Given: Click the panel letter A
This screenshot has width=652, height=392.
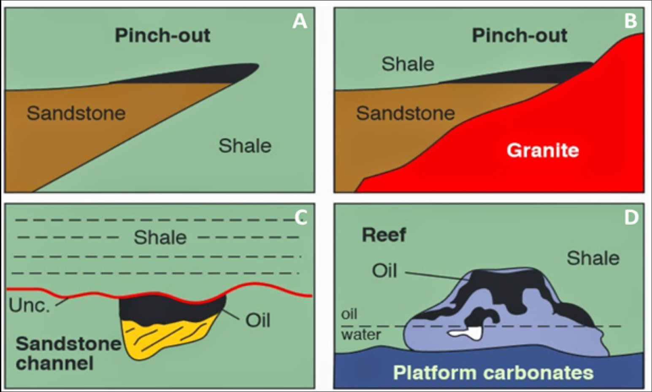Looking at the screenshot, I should coord(300,21).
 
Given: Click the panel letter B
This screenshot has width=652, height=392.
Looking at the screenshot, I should coord(630,21).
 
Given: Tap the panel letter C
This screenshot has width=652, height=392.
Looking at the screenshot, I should coord(301,218).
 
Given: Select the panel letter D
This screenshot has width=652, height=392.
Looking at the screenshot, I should coord(631,217).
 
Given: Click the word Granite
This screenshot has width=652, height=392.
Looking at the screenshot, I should coord(543,150).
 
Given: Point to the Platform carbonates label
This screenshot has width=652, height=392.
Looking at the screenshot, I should coord(493,373).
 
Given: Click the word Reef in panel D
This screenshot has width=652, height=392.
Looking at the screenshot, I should coord(384,235).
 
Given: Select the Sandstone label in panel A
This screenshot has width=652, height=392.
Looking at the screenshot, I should coord(76,113).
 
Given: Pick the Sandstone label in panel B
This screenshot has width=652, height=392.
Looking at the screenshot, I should coord(405,113).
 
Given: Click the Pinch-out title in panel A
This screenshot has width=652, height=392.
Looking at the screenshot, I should coord(162,35).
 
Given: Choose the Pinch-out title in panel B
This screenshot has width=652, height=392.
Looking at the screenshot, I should coord(519,35).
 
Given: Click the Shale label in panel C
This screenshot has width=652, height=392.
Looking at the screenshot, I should coord(160,238).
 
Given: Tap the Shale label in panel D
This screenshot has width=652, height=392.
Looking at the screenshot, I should coord(593,258).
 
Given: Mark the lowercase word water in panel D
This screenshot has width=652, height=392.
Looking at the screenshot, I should coord(361,335).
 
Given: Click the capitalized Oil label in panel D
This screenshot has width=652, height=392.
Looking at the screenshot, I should coord(384,270).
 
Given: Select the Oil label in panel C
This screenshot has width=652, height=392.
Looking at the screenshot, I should coord(258,320).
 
